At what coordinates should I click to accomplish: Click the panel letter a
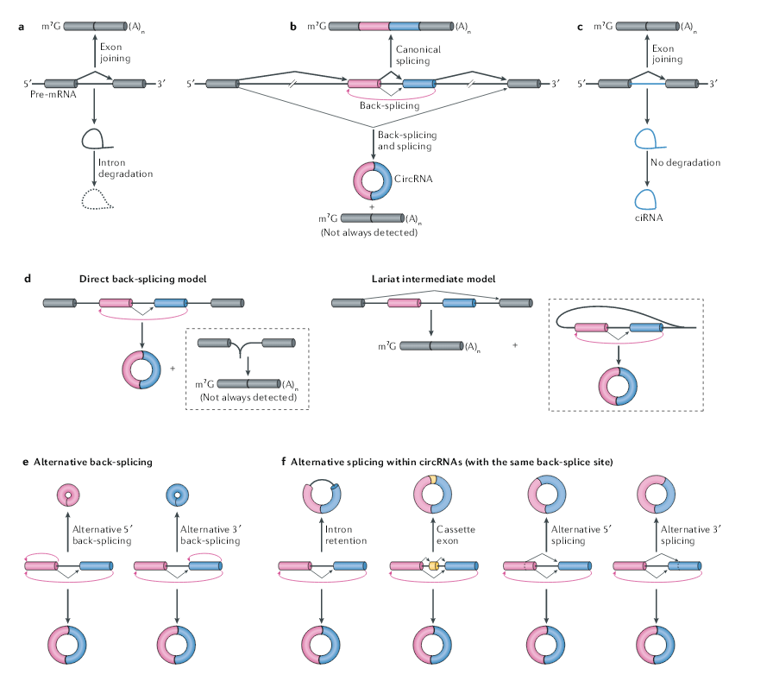(x=21, y=27)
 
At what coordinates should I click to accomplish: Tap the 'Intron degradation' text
(x=126, y=167)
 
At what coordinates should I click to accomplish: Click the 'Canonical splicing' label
(x=418, y=56)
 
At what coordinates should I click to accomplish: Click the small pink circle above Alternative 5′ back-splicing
(x=66, y=495)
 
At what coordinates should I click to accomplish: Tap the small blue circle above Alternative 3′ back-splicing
(x=177, y=495)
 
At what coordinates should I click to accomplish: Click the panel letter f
(x=284, y=462)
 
